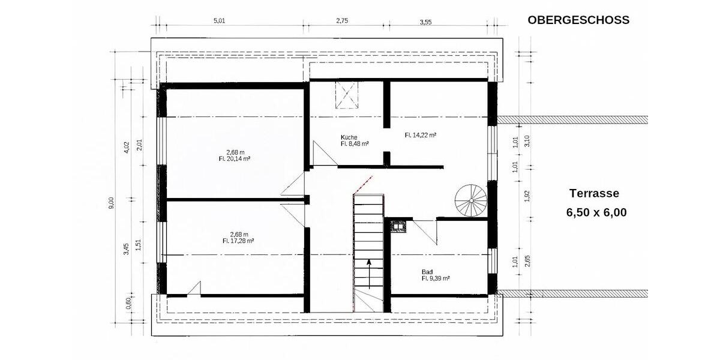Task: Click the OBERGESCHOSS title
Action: [x=578, y=20]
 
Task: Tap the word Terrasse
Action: [x=593, y=193]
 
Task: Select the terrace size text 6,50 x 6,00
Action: [x=596, y=212]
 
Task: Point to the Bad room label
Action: [x=427, y=271]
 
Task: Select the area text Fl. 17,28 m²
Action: [x=238, y=241]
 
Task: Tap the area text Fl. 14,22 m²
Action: [x=420, y=136]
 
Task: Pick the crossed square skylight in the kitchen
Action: [x=346, y=95]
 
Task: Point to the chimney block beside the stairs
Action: [x=398, y=226]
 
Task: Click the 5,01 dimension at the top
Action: [x=219, y=21]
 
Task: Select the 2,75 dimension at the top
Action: [x=342, y=21]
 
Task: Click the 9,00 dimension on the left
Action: [x=110, y=203]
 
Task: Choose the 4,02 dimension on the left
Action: [x=126, y=147]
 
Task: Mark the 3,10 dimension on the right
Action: [x=527, y=141]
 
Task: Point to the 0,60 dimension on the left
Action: [x=127, y=304]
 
